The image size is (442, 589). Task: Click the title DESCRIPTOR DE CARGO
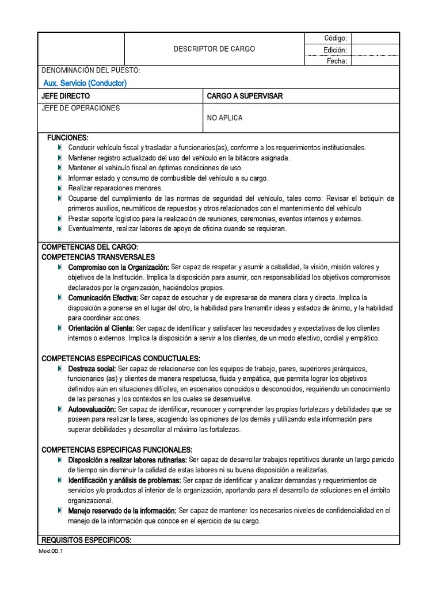tap(214, 49)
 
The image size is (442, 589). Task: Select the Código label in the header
tap(336, 38)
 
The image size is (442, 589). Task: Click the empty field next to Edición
tap(375, 49)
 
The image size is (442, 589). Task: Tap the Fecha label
tap(337, 61)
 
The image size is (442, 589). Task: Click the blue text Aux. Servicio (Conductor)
tap(85, 83)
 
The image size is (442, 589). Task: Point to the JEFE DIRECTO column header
tap(66, 96)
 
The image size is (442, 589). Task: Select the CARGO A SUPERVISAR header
tap(245, 96)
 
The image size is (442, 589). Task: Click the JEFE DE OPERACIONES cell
tap(80, 108)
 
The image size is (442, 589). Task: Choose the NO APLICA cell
tap(224, 118)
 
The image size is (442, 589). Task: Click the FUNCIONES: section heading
tap(67, 138)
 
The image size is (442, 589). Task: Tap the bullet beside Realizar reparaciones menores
tap(60, 188)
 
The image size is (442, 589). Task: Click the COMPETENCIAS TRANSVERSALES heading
tap(98, 257)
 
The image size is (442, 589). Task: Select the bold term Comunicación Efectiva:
tap(103, 297)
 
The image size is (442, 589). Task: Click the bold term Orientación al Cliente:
tap(101, 328)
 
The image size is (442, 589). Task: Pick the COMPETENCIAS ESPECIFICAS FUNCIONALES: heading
tap(117, 449)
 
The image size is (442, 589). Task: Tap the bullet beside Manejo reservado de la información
tap(60, 510)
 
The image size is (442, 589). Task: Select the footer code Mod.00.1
tap(51, 551)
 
